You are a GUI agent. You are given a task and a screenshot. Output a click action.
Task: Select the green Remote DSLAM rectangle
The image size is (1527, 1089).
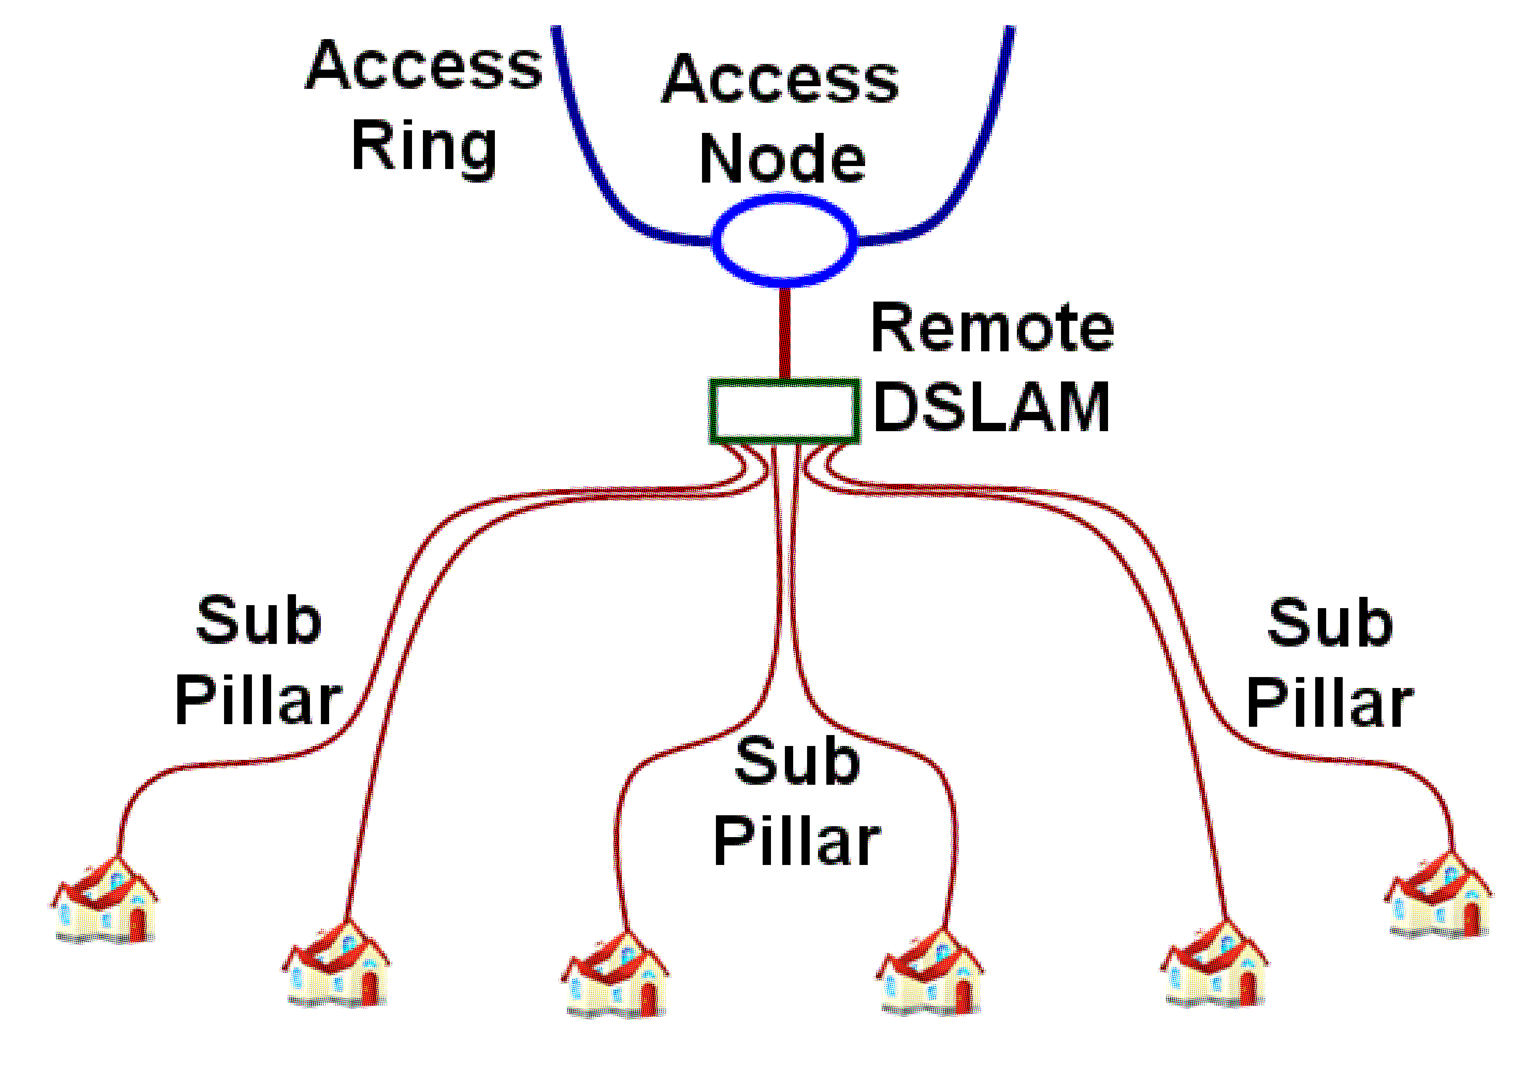(785, 410)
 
